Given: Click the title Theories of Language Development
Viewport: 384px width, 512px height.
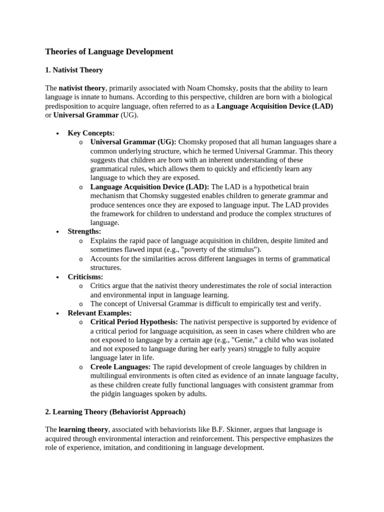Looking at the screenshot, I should (x=109, y=51).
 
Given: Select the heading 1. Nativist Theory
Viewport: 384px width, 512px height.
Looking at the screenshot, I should (x=74, y=70).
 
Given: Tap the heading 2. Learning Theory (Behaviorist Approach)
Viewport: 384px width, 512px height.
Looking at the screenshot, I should (x=115, y=411).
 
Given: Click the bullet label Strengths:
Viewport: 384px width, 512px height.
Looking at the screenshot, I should (x=84, y=231).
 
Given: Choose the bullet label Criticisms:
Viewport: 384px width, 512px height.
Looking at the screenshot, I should (x=85, y=276).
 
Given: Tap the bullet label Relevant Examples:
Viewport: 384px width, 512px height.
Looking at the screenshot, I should (x=99, y=312).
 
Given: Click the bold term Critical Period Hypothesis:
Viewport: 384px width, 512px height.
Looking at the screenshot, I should (x=134, y=321).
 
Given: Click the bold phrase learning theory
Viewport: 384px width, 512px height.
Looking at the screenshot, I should (x=83, y=429).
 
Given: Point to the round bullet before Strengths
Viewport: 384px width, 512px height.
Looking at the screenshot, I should (x=58, y=232).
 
